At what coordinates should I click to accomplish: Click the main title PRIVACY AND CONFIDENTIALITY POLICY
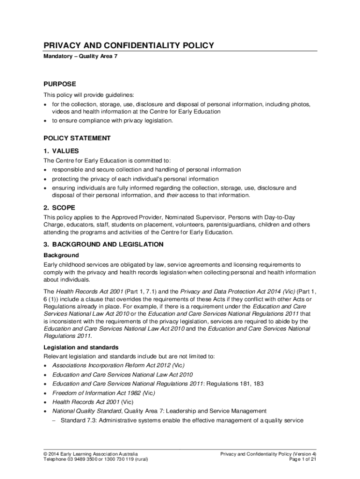(129, 45)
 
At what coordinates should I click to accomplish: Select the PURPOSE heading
(59, 84)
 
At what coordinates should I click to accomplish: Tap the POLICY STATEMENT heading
(77, 138)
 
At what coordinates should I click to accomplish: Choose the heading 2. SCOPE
(59, 208)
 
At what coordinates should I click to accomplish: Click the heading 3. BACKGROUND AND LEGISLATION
(103, 245)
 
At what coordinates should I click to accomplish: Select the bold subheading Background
(61, 255)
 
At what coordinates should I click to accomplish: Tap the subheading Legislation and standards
(81, 348)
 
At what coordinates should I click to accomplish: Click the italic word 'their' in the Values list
(173, 196)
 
